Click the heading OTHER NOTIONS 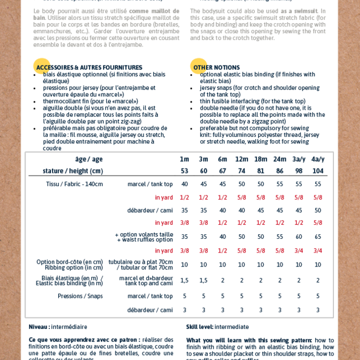[216, 68]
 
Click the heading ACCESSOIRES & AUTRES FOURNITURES [89, 68]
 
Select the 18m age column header [260, 159]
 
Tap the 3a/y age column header [299, 159]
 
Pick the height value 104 [317, 171]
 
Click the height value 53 [184, 171]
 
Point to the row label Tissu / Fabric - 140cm [74, 184]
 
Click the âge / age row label [89, 159]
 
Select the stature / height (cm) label [73, 171]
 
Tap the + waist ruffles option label [145, 240]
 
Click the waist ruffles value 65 [317, 236]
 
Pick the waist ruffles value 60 [299, 236]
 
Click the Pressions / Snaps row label [80, 296]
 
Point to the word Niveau [39, 327]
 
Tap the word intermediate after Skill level [232, 327]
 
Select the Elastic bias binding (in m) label [69, 284]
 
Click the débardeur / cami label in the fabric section [150, 210]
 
